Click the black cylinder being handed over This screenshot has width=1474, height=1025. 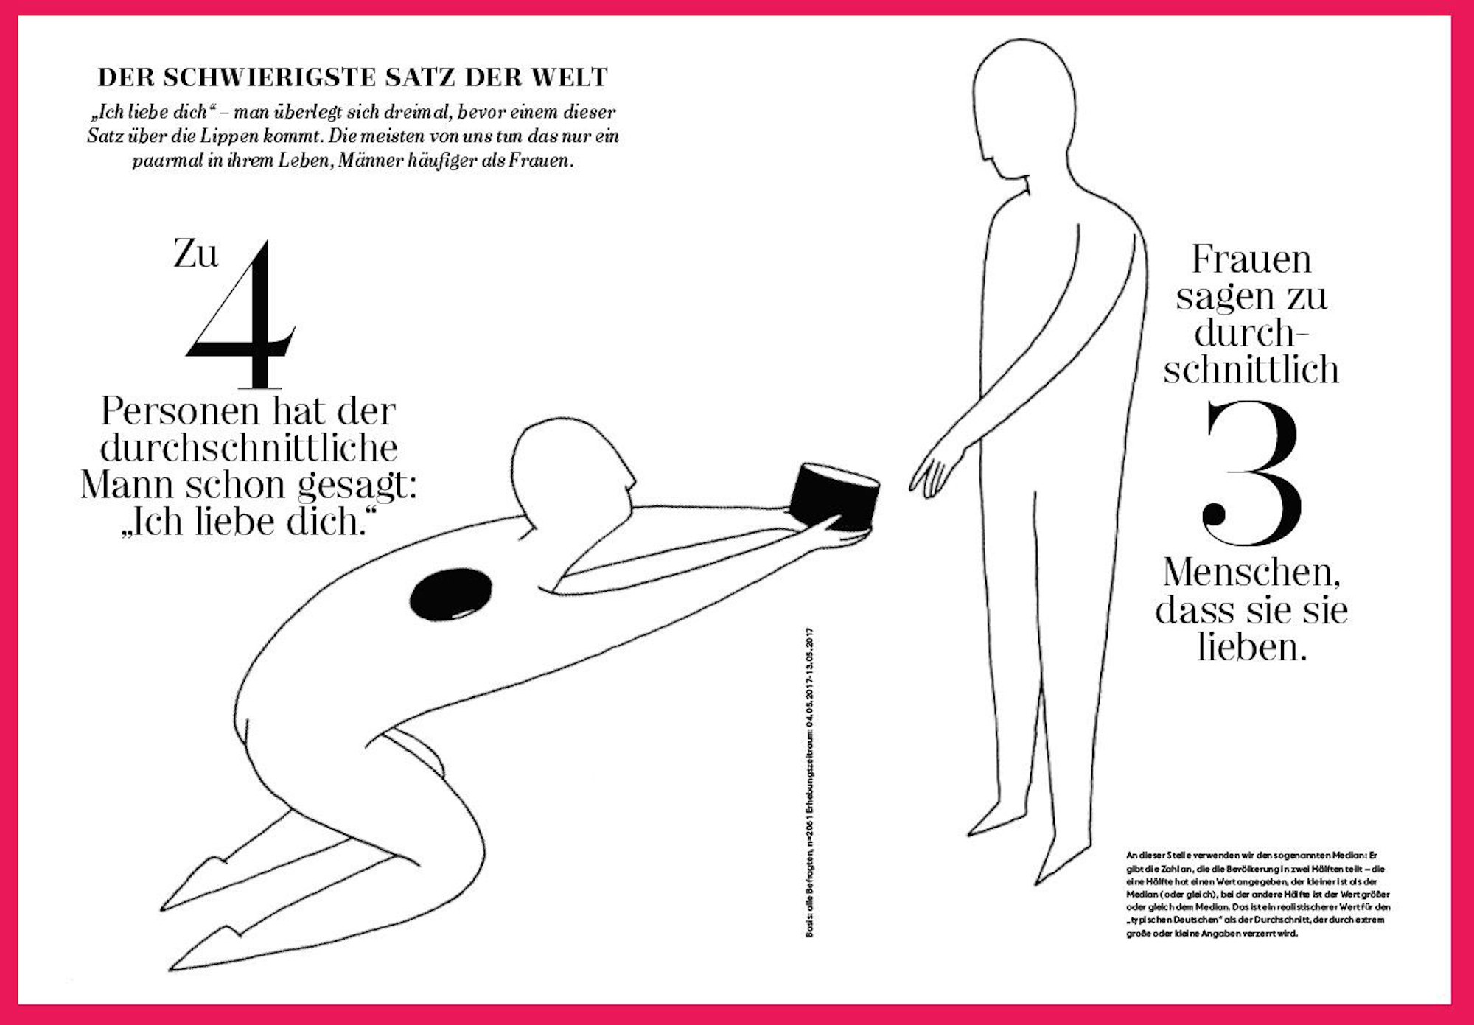tap(835, 496)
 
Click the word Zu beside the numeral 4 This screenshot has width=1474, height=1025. tap(196, 254)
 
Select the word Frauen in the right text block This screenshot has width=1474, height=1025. tap(1251, 259)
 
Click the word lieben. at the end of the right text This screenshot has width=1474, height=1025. tap(1251, 646)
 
